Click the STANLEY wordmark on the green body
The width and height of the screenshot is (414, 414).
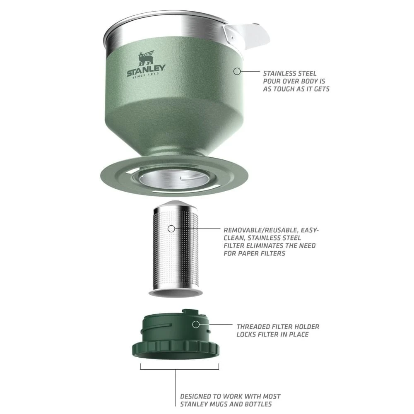point(146,71)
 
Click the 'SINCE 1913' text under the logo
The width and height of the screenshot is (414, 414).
point(146,79)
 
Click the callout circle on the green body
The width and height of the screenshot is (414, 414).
point(237,71)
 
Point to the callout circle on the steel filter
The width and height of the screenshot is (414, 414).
point(172,228)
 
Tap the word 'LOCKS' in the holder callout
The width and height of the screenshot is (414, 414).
point(248,334)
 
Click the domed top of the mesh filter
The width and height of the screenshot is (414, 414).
point(175,205)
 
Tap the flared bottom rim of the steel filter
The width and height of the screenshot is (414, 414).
point(176,293)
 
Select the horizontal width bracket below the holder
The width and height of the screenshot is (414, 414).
point(180,368)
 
